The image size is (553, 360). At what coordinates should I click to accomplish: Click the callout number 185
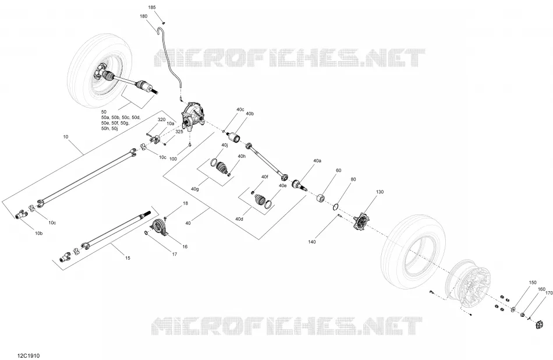[x=152, y=7]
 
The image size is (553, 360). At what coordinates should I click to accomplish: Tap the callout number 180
[x=144, y=16]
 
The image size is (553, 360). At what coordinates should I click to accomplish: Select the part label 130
[x=380, y=192]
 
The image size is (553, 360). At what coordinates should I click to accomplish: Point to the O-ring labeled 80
[x=336, y=207]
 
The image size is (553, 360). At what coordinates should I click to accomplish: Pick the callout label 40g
[x=194, y=189]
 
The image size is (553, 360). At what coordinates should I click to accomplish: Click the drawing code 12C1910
[x=29, y=355]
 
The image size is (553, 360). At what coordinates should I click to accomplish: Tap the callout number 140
[x=312, y=242]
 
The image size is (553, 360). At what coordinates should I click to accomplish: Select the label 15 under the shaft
[x=127, y=258]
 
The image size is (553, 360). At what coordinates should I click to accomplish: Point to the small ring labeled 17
[x=146, y=232]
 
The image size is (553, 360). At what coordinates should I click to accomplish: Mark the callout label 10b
[x=39, y=233]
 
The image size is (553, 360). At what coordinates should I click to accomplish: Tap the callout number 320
[x=161, y=119]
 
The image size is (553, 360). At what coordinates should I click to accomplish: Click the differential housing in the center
[x=193, y=117]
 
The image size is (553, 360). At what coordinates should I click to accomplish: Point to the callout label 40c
[x=240, y=110]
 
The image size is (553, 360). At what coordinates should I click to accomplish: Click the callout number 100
[x=173, y=159]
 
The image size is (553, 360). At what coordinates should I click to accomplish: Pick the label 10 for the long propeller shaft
[x=66, y=136]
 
